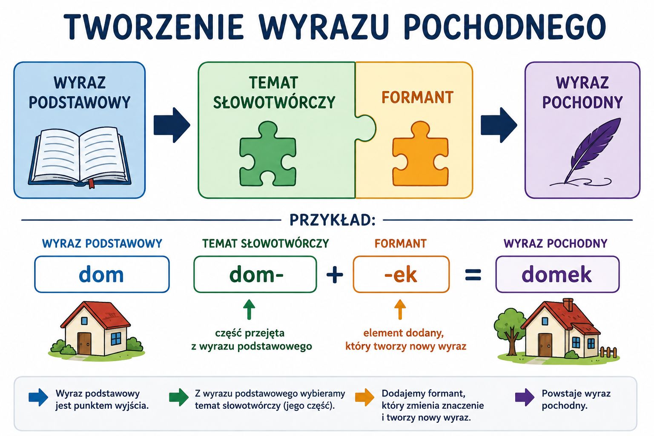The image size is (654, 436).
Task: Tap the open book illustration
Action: point(80,157)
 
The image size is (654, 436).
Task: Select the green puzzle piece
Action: point(267,154)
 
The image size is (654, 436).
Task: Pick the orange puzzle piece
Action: point(420,154)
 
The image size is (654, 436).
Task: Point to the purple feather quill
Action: point(590,152)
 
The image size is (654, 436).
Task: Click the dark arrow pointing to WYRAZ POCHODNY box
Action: point(499,125)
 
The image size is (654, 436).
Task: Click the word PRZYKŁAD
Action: point(332,220)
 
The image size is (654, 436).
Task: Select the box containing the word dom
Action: point(102,274)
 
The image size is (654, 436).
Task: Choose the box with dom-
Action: point(255,274)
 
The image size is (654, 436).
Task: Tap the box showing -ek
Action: point(401,274)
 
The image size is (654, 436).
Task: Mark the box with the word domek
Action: point(557,274)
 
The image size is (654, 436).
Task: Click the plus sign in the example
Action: point(335,275)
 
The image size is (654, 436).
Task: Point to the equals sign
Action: point(473,275)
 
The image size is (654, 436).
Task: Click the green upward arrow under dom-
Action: point(249,309)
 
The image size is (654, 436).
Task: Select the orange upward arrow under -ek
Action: point(400,309)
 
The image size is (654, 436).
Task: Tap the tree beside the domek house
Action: point(510,330)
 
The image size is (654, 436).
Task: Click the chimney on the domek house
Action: point(568,304)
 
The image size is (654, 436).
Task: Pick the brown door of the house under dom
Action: point(84,343)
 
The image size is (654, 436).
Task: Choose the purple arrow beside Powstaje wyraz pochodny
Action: point(525,397)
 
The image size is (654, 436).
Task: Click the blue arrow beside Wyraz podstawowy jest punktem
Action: point(38,397)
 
